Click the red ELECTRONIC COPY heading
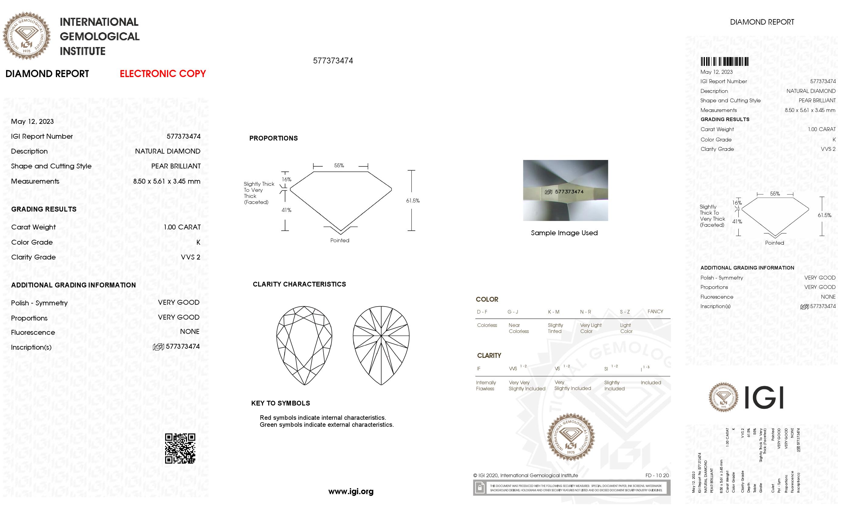[162, 73]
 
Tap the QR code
[180, 448]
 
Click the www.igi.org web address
[351, 491]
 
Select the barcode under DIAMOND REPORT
[724, 62]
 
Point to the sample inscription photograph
[565, 190]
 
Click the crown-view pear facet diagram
[304, 345]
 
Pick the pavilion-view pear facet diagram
[381, 345]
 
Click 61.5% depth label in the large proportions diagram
[413, 201]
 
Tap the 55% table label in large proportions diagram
[339, 165]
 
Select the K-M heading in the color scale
[553, 312]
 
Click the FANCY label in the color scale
[655, 311]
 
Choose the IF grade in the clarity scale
[478, 369]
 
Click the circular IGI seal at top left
[27, 36]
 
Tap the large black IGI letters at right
[764, 398]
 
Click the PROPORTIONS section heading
[273, 138]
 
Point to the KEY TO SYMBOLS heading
[280, 403]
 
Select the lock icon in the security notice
[480, 488]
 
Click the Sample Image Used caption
[564, 233]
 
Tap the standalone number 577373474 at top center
[333, 61]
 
